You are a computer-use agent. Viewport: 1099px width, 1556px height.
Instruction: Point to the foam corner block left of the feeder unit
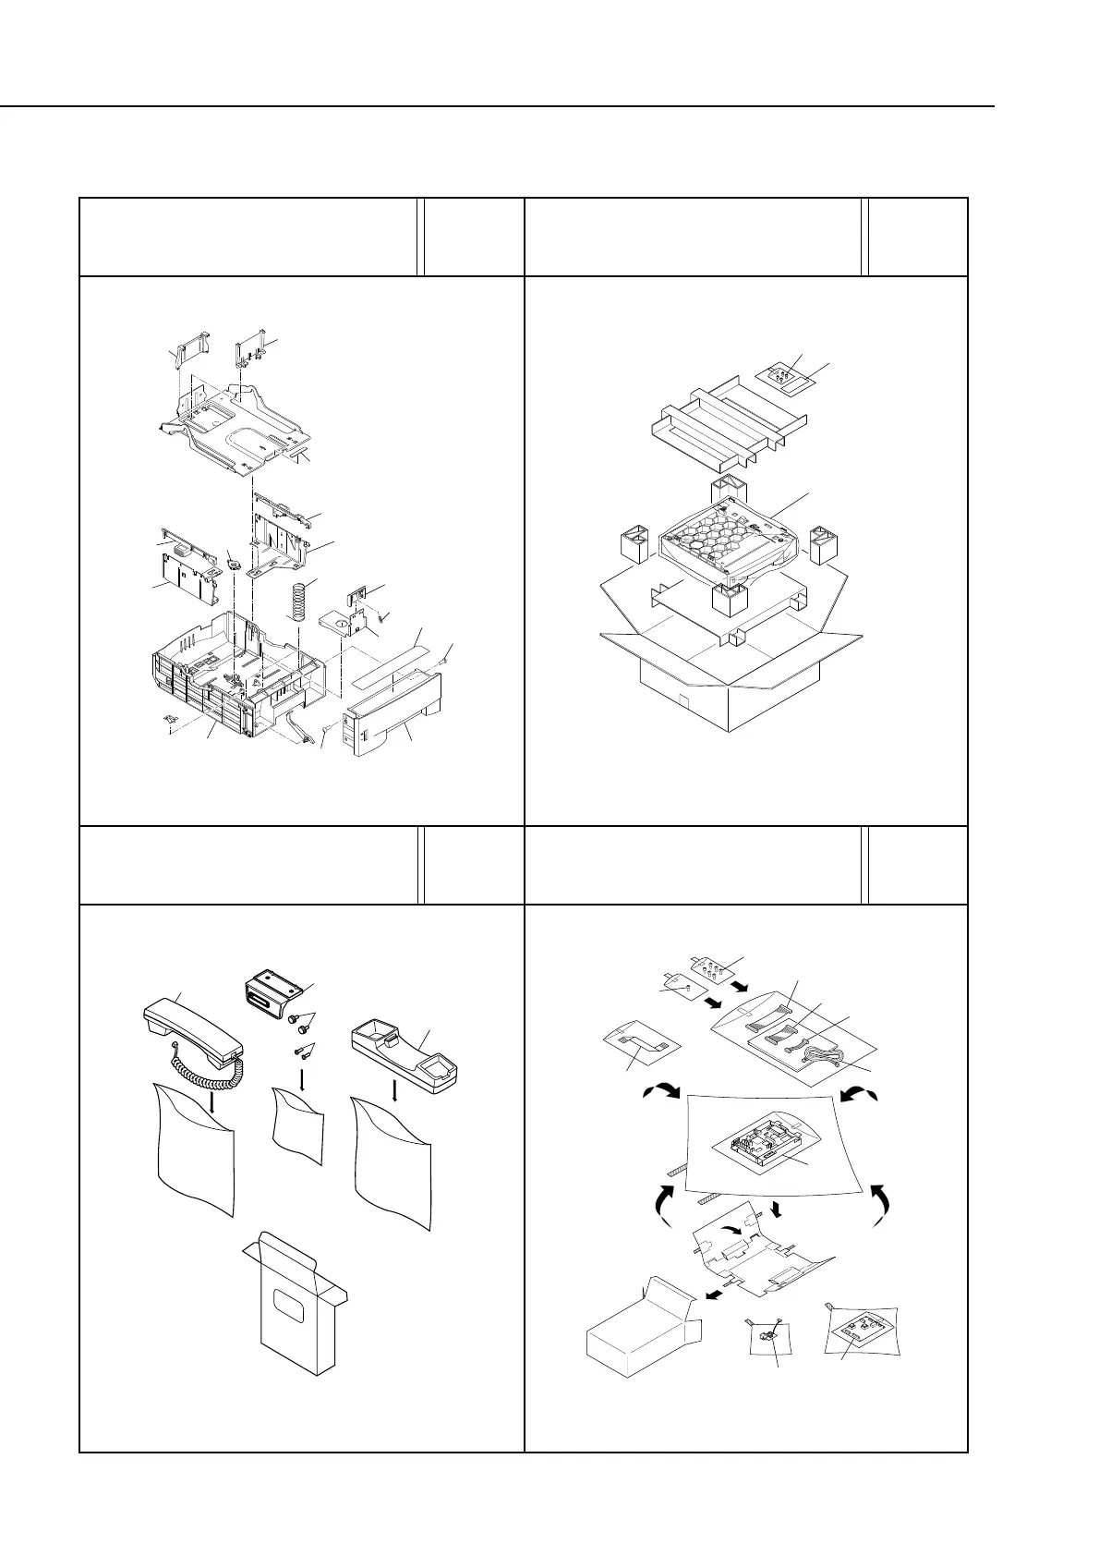click(633, 545)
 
